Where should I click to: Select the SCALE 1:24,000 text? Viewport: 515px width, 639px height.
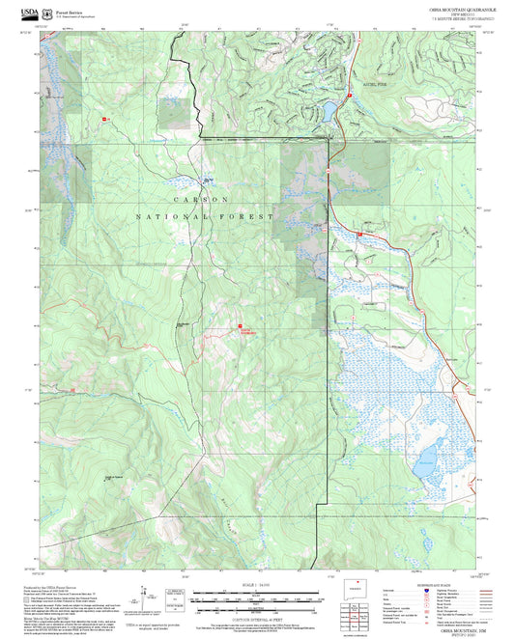(x=257, y=586)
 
